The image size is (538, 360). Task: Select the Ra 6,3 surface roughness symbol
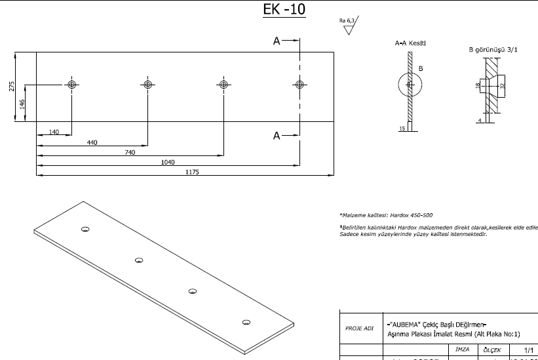pyautogui.click(x=347, y=26)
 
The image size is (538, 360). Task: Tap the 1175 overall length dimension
pyautogui.click(x=191, y=172)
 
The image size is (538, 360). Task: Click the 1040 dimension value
pyautogui.click(x=168, y=161)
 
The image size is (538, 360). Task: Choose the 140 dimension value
pyautogui.click(x=54, y=132)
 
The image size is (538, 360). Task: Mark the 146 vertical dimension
pyautogui.click(x=22, y=103)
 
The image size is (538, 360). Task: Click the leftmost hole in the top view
pyautogui.click(x=71, y=85)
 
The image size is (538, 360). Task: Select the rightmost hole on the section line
pyautogui.click(x=299, y=85)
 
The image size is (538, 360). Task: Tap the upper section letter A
pyautogui.click(x=277, y=41)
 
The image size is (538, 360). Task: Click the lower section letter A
pyautogui.click(x=277, y=136)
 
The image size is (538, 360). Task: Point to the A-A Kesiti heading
pyautogui.click(x=410, y=43)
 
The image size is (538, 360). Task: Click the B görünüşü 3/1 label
pyautogui.click(x=492, y=49)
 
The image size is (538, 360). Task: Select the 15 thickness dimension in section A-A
pyautogui.click(x=402, y=129)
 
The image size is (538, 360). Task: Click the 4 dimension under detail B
pyautogui.click(x=479, y=121)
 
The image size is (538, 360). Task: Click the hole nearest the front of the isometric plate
pyautogui.click(x=246, y=321)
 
